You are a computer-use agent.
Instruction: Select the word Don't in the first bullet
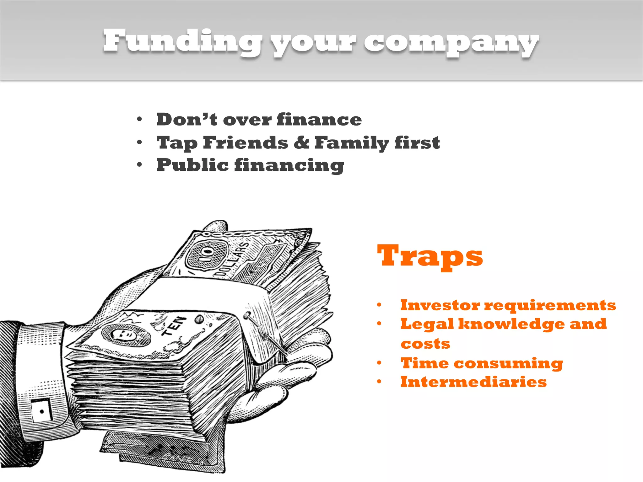coord(187,120)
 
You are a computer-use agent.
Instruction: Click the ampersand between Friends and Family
coord(301,142)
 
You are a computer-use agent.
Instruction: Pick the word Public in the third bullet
coord(192,165)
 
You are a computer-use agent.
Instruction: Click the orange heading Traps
coord(430,256)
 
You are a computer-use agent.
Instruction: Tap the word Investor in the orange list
coord(440,305)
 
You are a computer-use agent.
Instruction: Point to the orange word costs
coord(425,344)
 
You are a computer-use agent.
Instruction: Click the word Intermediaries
coord(473,382)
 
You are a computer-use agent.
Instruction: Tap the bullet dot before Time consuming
coord(379,363)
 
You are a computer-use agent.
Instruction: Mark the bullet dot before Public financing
coord(140,164)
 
